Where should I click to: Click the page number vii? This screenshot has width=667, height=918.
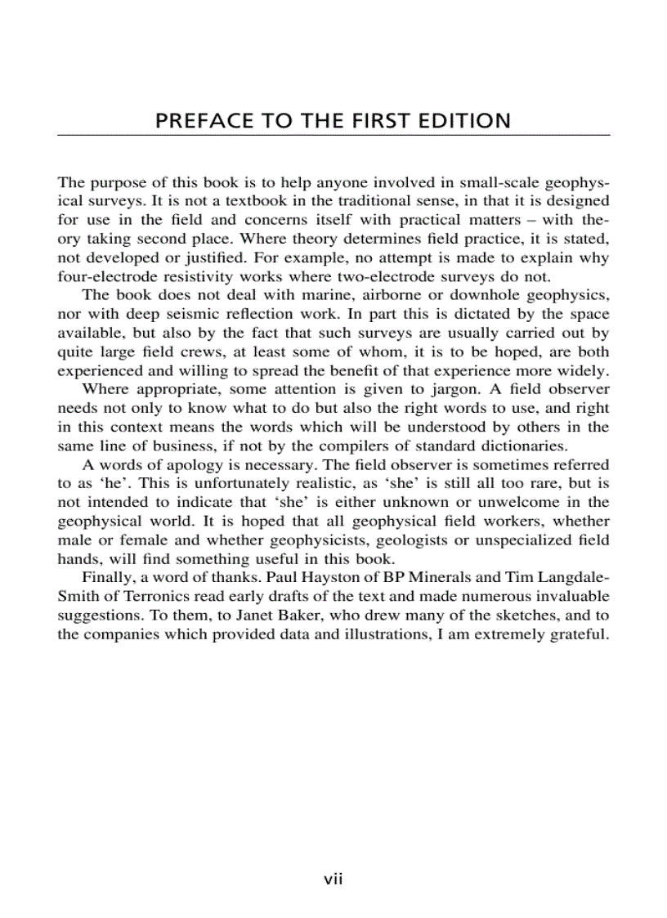pyautogui.click(x=333, y=880)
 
